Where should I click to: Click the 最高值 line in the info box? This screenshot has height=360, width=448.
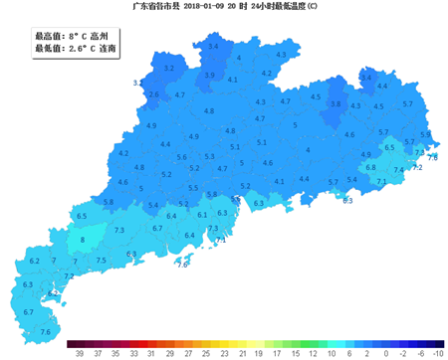72,35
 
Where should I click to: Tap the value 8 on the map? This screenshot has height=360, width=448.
82,240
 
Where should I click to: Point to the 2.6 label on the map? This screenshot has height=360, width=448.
152,94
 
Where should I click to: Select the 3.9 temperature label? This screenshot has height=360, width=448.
209,75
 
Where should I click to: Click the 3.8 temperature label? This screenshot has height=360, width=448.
336,103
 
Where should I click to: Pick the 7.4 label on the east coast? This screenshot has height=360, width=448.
398,171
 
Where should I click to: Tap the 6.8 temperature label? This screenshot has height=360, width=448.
370,167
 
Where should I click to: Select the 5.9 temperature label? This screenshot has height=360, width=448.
425,134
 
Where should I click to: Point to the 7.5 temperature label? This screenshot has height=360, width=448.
101,260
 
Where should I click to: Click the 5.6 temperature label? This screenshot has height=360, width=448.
181,157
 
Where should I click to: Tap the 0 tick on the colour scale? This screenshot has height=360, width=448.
385,351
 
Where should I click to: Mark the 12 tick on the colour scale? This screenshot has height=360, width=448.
313,351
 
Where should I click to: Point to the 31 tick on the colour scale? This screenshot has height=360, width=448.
149,351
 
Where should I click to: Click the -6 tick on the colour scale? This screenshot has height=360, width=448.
421,351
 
